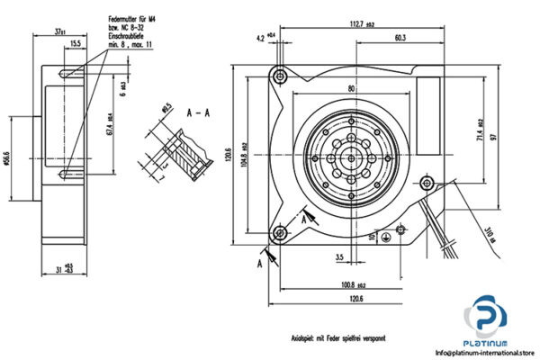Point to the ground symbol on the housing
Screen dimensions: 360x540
point(388,238)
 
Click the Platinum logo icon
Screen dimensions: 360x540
point(487,319)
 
